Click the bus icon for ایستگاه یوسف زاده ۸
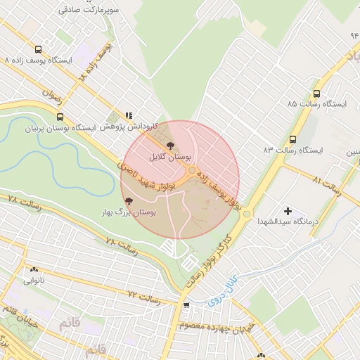(x=37, y=49)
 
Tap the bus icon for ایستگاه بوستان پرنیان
(x=60, y=117)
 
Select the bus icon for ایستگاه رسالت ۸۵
(x=316, y=93)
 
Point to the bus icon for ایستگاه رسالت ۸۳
(x=293, y=139)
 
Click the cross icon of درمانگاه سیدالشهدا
(x=287, y=211)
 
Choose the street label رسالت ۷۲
(x=144, y=298)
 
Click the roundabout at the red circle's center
(x=191, y=170)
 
